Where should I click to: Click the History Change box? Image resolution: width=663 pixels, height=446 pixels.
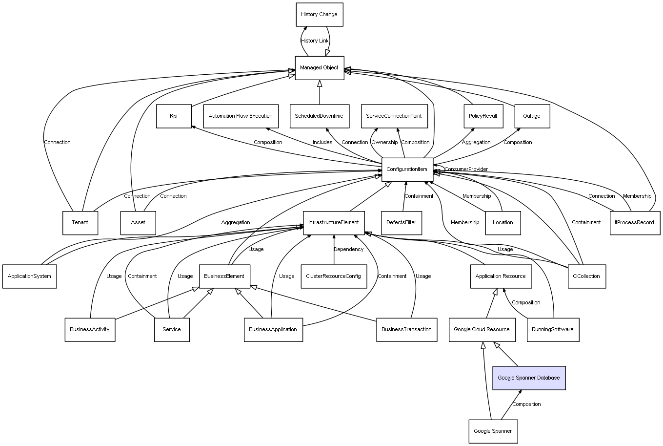click(x=320, y=15)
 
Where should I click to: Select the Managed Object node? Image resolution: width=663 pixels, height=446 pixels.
click(x=320, y=68)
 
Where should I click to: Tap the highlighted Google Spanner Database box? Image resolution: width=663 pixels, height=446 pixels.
click(x=529, y=378)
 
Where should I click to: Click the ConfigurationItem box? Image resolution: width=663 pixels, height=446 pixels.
click(x=407, y=170)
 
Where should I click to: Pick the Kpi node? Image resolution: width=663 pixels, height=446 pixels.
click(x=174, y=116)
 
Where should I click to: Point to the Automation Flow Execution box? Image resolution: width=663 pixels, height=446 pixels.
click(x=241, y=116)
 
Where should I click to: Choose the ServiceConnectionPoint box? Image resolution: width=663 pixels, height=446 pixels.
click(x=394, y=116)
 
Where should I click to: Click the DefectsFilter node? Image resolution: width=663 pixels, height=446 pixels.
click(x=402, y=223)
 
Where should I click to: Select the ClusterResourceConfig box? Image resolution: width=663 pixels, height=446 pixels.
click(x=334, y=276)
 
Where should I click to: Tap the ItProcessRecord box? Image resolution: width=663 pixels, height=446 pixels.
click(x=635, y=223)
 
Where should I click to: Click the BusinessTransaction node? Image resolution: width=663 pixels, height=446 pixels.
click(x=407, y=330)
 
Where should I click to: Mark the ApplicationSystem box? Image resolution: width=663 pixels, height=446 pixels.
click(x=30, y=276)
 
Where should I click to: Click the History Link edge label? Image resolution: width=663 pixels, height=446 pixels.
click(x=315, y=41)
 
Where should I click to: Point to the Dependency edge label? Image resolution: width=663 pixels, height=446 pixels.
click(x=348, y=249)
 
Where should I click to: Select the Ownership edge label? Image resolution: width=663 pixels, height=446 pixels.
click(x=384, y=142)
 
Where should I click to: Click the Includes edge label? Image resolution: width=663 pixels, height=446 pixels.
click(x=322, y=142)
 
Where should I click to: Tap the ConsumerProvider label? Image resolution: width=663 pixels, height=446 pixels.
click(x=466, y=169)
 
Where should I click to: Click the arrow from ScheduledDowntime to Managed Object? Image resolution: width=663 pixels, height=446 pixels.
click(x=320, y=92)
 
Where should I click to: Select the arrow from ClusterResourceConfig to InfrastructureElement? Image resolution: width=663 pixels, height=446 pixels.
click(x=334, y=250)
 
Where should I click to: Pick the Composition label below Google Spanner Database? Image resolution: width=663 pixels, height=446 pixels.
click(x=526, y=404)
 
